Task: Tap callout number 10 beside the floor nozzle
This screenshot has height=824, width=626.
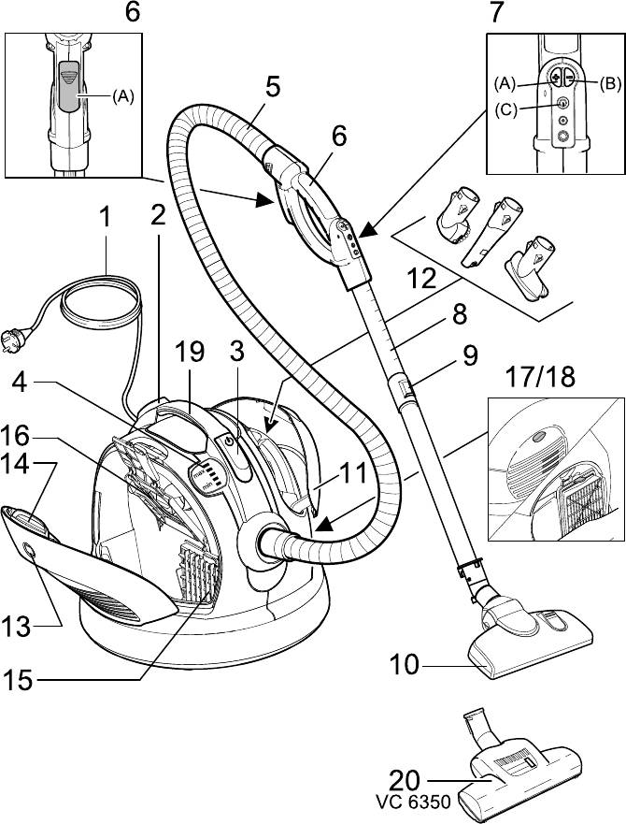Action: click(x=405, y=666)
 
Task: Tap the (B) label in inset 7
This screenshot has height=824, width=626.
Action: click(x=609, y=82)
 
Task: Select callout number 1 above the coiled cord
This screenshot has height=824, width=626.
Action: click(x=106, y=218)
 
